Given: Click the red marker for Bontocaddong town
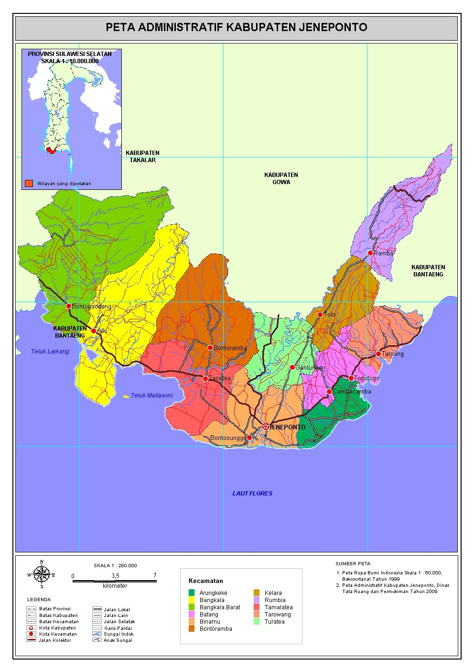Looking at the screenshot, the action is pyautogui.click(x=69, y=306).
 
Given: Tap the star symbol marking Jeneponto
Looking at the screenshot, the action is pyautogui.click(x=266, y=426).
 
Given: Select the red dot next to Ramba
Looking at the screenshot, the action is pyautogui.click(x=370, y=253).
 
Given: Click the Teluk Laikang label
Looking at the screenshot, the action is pyautogui.click(x=50, y=352).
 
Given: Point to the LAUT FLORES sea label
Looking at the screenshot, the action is pyautogui.click(x=252, y=494).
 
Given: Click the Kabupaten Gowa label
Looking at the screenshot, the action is pyautogui.click(x=281, y=178).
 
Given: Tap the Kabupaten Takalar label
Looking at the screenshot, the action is pyautogui.click(x=142, y=156).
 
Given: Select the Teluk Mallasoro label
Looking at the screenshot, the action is pyautogui.click(x=151, y=396).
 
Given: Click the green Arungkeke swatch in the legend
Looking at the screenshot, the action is pyautogui.click(x=192, y=593).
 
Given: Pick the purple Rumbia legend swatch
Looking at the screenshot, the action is pyautogui.click(x=257, y=600).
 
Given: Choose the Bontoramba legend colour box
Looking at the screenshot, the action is pyautogui.click(x=192, y=629).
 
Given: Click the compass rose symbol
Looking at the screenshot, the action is pyautogui.click(x=42, y=574).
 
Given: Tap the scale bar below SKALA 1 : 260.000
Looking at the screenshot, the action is pyautogui.click(x=114, y=581).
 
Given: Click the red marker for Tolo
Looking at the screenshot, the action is pyautogui.click(x=320, y=315).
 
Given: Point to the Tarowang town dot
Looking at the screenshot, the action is pyautogui.click(x=378, y=354).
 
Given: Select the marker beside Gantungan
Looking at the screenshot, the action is pyautogui.click(x=292, y=367).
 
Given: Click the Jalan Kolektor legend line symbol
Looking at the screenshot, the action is pyautogui.click(x=32, y=640).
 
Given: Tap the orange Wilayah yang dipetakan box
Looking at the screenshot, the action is pyautogui.click(x=30, y=183).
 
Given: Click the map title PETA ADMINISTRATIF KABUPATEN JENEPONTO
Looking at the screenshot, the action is pyautogui.click(x=237, y=27).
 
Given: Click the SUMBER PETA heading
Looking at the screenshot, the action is pyautogui.click(x=353, y=563).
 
